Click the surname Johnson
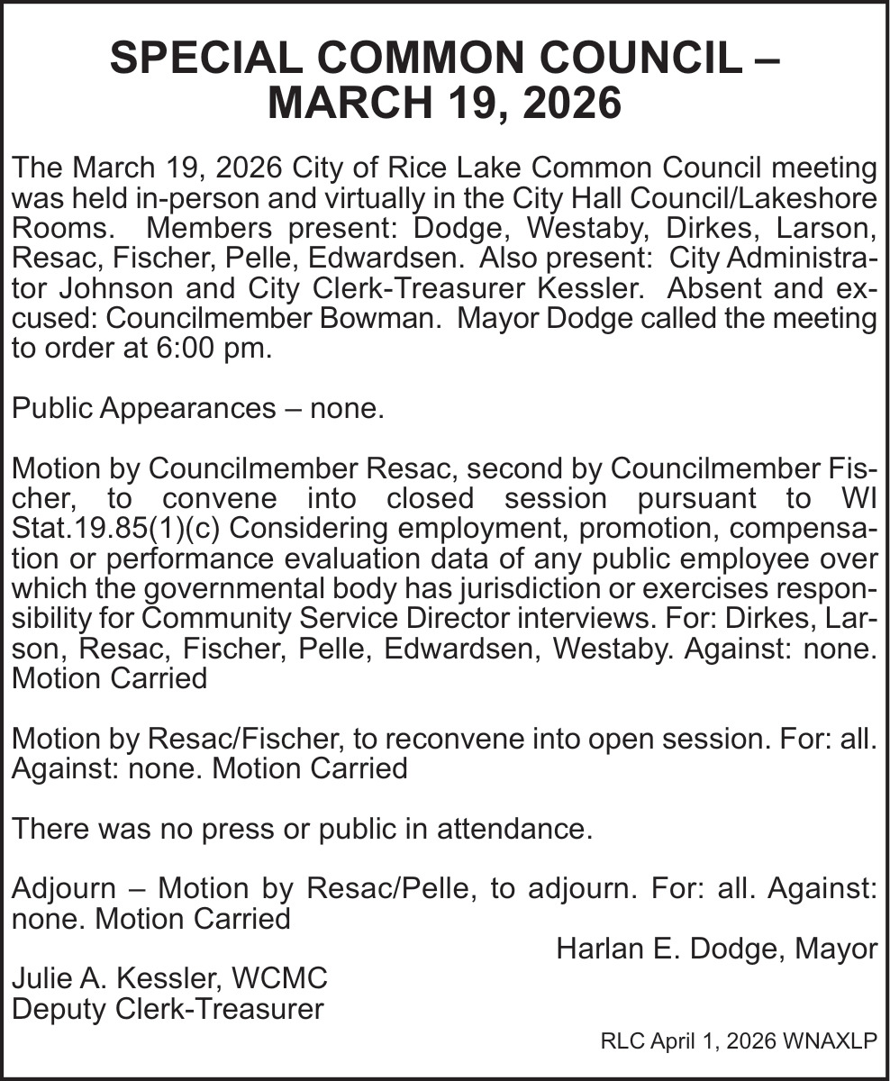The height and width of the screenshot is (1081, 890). [x=98, y=288]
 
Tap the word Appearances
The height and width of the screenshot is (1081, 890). [x=187, y=409]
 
